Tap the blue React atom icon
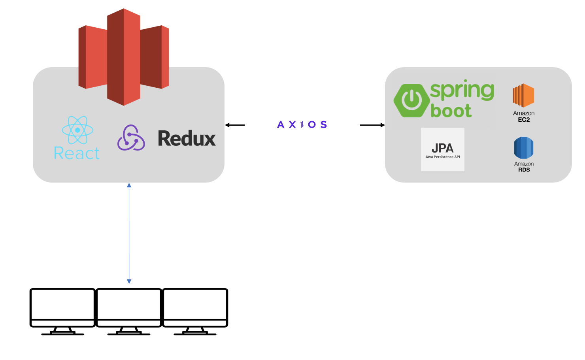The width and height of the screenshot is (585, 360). click(77, 130)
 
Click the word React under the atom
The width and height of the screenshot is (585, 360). click(77, 153)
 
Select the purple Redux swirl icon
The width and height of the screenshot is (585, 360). click(131, 138)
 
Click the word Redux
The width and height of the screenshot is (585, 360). click(187, 138)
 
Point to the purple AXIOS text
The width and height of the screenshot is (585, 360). click(302, 125)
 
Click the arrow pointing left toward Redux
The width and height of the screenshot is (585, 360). click(235, 125)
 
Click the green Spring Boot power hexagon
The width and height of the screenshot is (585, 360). click(411, 100)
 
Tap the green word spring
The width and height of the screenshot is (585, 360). click(462, 90)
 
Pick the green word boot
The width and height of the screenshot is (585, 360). click(451, 111)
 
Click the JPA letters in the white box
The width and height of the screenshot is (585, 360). click(442, 148)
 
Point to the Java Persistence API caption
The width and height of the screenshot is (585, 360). click(442, 157)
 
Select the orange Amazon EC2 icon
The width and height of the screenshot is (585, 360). click(523, 95)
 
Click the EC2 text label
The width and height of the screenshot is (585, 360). click(524, 120)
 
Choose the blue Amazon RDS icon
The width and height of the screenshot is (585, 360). click(524, 147)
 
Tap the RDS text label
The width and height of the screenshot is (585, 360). click(524, 170)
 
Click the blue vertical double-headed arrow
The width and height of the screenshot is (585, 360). click(129, 233)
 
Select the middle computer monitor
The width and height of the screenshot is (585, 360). click(129, 307)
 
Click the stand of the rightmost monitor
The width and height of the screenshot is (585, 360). click(195, 331)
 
